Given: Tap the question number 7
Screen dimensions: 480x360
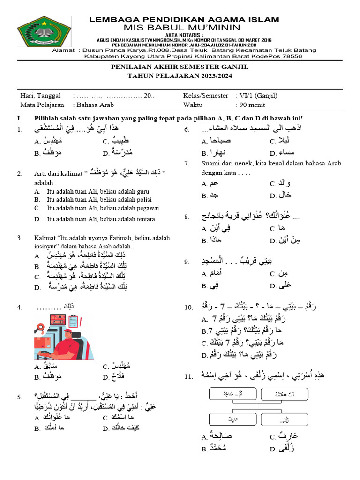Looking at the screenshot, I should (186, 163).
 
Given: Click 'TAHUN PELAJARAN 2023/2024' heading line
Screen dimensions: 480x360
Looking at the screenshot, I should (180, 76).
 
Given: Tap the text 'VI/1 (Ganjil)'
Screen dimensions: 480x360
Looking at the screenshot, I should (257, 95).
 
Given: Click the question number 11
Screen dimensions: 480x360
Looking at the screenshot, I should (188, 375).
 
